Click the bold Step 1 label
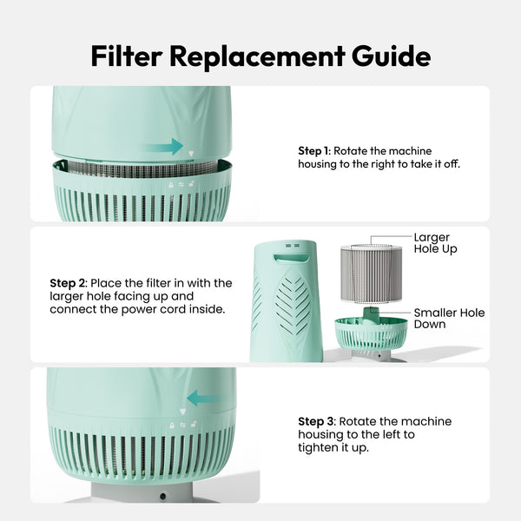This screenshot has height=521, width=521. pos(313,151)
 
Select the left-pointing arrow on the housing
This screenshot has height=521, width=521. pos(205,399)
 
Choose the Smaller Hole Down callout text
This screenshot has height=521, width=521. pos(448,318)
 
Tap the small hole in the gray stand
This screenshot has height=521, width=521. pos(162,497)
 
